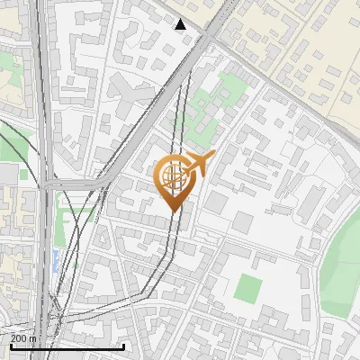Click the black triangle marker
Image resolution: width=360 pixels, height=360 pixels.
pyautogui.click(x=181, y=23)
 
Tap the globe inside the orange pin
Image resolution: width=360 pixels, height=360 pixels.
pyautogui.click(x=173, y=175)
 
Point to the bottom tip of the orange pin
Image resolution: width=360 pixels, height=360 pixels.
pyautogui.click(x=173, y=210)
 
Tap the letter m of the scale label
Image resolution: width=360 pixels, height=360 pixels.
pyautogui.click(x=34, y=338)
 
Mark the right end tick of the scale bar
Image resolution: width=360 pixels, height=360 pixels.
pyautogui.click(x=123, y=346)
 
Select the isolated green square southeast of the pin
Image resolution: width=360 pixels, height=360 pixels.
pyautogui.click(x=247, y=288)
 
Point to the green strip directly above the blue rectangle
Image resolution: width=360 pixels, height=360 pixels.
pyautogui.click(x=79, y=216)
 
